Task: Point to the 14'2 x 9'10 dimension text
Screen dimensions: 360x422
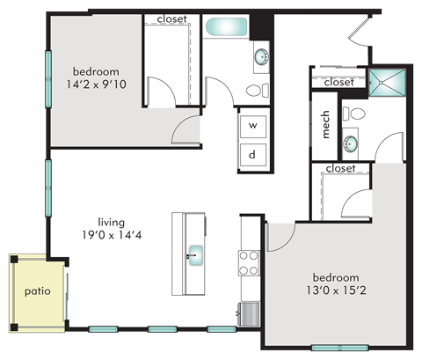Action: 95,85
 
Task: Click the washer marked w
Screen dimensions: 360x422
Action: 253,126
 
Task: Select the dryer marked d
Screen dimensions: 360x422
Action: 253,154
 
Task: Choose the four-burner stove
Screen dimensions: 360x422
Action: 250,263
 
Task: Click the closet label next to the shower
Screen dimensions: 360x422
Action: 338,82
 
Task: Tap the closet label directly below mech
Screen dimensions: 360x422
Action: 340,168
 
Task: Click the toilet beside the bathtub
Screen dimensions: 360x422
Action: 255,90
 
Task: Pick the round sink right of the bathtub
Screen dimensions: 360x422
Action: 262,59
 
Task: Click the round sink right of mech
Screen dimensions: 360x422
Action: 351,143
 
